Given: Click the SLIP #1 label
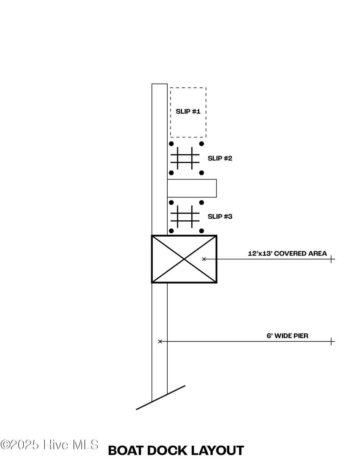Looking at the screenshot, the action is (x=188, y=111).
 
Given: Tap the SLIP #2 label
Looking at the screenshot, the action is (x=220, y=158).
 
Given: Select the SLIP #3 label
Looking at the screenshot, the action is (x=220, y=216).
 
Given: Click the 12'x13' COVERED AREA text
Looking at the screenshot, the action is (x=287, y=253).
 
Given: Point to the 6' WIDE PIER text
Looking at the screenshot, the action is (x=287, y=336).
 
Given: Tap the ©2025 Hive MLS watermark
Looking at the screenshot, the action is (x=49, y=445).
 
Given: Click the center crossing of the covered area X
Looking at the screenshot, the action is (x=184, y=259).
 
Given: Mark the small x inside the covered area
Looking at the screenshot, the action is (x=204, y=259).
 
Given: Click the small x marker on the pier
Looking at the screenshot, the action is (x=160, y=341).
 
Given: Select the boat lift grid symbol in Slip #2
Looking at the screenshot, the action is (x=185, y=158).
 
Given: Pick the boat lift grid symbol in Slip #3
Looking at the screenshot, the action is (x=185, y=216).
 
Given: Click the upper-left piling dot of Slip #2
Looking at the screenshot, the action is (x=171, y=144).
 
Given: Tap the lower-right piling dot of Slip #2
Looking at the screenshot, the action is (x=201, y=173).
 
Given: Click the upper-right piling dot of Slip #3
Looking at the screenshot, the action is (x=201, y=202).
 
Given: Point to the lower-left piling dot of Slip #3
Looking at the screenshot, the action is (x=171, y=231).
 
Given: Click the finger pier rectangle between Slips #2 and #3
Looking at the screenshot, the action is (x=192, y=188).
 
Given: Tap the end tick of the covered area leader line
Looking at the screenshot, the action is (x=331, y=259).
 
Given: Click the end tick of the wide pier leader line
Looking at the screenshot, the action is (x=331, y=341).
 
